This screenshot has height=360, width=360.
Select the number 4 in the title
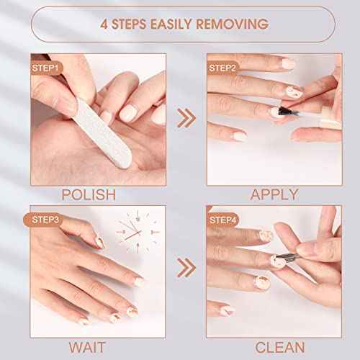coord(104,24)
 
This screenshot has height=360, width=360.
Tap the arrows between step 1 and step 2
coord(186,115)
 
